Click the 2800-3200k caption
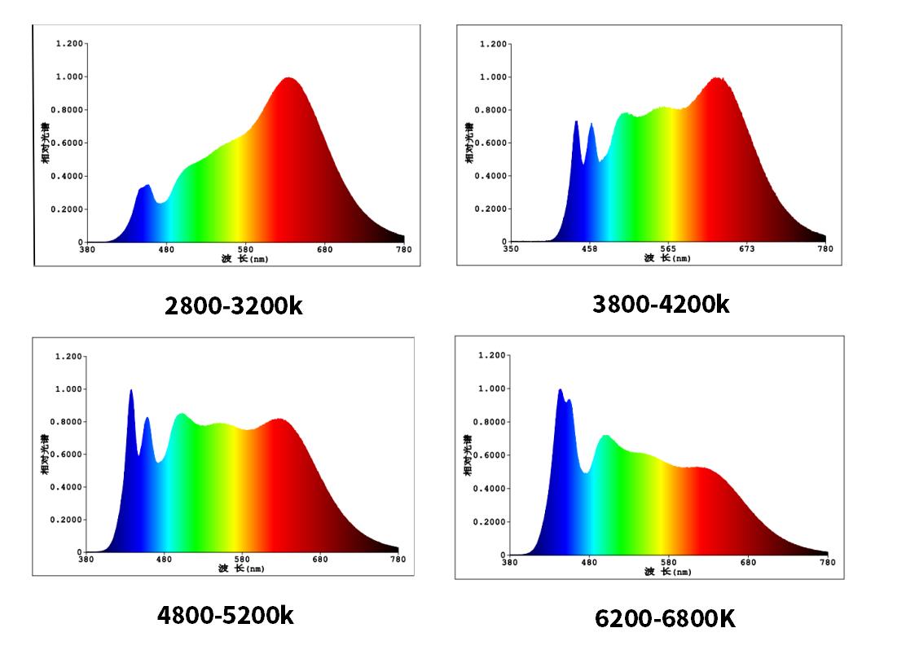[233, 306]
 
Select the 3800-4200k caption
[661, 305]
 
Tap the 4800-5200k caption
[226, 614]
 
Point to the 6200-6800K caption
[665, 618]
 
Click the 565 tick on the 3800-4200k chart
[667, 249]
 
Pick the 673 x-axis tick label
[746, 249]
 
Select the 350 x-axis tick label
[510, 249]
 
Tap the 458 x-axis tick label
[588, 249]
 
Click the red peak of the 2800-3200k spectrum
[288, 79]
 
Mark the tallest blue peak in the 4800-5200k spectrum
[130, 392]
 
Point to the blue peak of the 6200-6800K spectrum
[561, 391]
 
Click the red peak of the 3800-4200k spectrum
[717, 79]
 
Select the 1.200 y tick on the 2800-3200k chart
[69, 43]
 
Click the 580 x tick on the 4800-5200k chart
[242, 560]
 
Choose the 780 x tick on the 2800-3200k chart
[403, 249]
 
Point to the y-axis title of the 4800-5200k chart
[46, 454]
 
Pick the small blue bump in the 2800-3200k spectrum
[147, 187]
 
